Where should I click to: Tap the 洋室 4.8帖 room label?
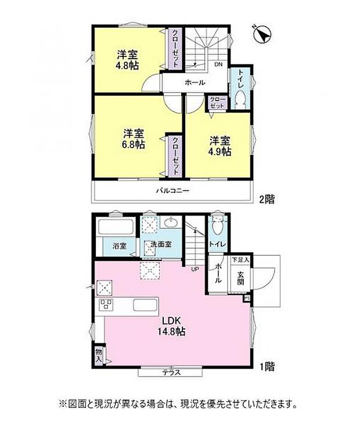[x=128, y=60]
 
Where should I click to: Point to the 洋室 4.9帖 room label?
[x=220, y=146]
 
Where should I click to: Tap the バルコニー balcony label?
[x=172, y=191]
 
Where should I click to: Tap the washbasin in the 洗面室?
[x=171, y=223]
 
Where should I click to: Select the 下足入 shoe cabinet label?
[x=240, y=260]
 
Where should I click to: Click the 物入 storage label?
[x=99, y=354]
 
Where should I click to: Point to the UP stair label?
[x=195, y=269]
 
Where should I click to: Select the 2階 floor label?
[x=267, y=199]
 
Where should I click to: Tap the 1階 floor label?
[x=267, y=367]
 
